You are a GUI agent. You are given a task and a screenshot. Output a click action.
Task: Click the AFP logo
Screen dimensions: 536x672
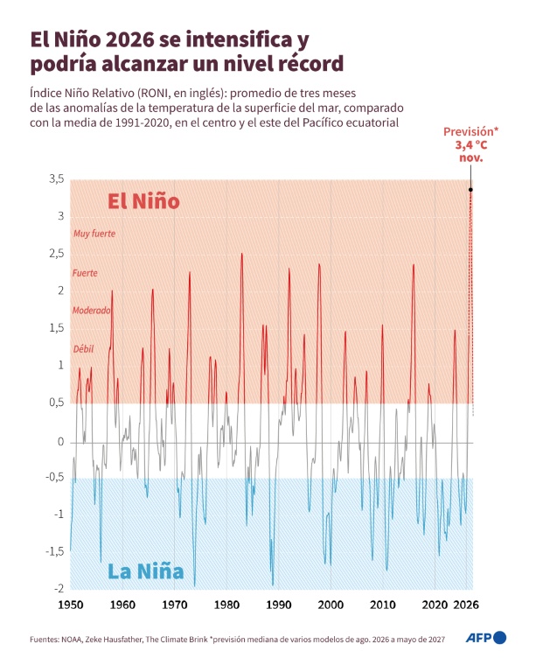click(x=486, y=638)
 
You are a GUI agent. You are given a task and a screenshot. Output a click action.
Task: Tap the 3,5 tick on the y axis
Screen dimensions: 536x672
click(x=57, y=178)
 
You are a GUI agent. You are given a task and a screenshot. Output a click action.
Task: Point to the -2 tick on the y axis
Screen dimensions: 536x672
click(x=59, y=588)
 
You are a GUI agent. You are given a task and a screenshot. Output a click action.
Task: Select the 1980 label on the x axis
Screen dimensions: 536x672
click(x=226, y=605)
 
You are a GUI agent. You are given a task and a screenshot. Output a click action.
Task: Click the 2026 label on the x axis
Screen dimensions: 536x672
click(x=466, y=605)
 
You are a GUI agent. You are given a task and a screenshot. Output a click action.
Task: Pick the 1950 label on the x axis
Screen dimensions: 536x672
click(x=70, y=605)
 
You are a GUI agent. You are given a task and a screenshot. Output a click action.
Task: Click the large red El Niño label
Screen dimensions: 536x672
click(x=143, y=201)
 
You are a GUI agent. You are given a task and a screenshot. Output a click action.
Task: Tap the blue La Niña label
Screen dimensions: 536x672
click(x=145, y=571)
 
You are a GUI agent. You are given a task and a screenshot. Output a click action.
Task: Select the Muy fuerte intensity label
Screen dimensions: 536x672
click(x=94, y=234)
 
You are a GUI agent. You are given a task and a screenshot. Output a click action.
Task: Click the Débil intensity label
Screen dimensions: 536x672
click(x=83, y=349)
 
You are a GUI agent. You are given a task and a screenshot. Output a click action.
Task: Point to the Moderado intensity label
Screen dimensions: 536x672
click(x=91, y=311)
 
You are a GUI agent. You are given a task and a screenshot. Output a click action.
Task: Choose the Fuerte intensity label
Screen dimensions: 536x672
click(x=85, y=273)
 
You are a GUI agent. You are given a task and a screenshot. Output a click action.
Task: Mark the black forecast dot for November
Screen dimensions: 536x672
click(x=470, y=189)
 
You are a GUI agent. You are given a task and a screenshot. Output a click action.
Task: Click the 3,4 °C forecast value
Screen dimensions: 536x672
click(x=471, y=145)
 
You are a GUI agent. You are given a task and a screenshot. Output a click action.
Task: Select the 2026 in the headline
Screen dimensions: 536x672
click(x=129, y=40)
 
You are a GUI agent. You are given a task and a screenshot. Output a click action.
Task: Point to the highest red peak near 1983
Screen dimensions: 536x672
click(x=242, y=254)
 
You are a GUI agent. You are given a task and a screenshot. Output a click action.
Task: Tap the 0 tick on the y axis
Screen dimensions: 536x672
click(x=61, y=442)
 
